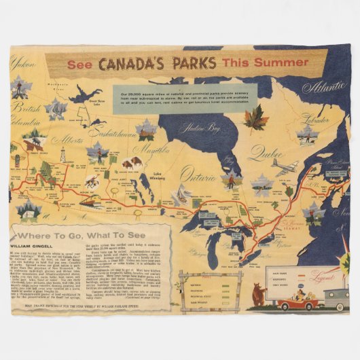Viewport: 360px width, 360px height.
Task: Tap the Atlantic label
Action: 324,88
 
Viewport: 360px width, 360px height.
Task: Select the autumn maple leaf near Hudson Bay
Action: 255,118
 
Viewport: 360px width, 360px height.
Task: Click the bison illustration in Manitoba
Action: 132,162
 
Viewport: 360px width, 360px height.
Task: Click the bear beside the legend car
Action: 258,295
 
